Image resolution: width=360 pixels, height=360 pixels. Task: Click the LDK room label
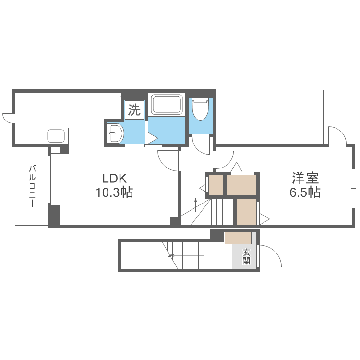tap(114, 178)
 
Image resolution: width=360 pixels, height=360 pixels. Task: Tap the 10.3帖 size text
tap(114, 192)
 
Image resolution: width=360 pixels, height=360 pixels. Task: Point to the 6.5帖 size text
tap(305, 192)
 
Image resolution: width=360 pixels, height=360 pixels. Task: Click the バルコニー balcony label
tap(32, 186)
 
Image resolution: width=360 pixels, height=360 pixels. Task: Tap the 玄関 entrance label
tap(246, 257)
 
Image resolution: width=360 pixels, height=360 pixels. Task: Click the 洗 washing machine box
tap(134, 109)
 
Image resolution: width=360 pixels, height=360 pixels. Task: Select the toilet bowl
tap(201, 109)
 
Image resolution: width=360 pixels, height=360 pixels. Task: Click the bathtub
tap(167, 105)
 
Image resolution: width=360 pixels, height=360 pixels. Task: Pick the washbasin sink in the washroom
tap(116, 133)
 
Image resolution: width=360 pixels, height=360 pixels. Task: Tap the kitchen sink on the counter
tap(56, 136)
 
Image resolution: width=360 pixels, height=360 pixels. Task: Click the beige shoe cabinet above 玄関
tap(238, 238)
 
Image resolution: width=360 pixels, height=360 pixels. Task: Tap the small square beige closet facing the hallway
tap(216, 185)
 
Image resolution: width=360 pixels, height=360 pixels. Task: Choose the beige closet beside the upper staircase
tap(247, 212)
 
